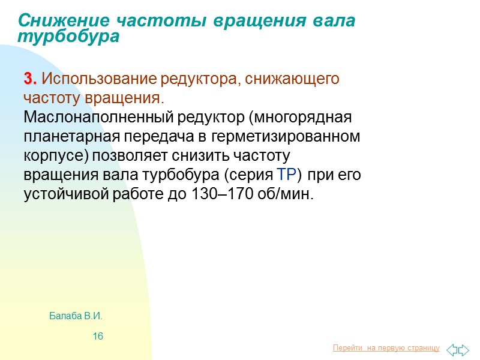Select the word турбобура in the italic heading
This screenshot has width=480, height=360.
pos(68,37)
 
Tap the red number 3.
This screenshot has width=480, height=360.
pos(31,79)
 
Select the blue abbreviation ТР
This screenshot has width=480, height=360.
pos(287,175)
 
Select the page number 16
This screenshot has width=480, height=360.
pos(98,336)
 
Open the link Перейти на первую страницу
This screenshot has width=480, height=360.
pos(386,349)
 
